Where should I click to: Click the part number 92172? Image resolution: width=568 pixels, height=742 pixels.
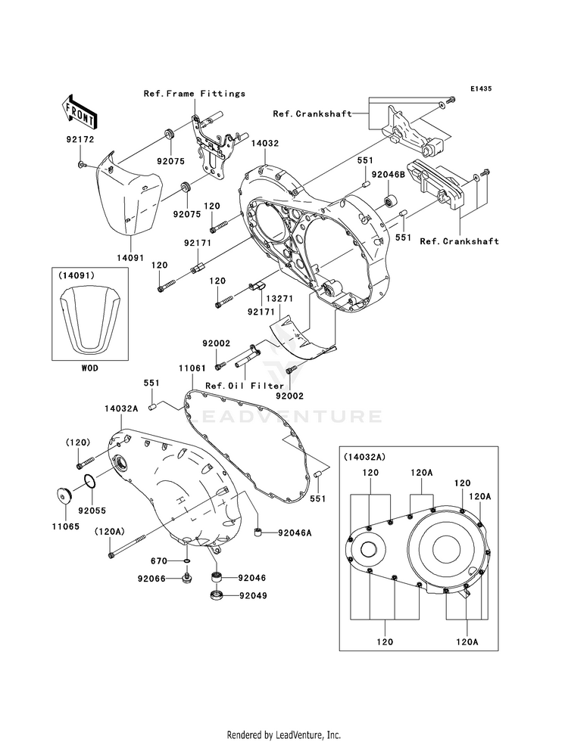tap(80, 140)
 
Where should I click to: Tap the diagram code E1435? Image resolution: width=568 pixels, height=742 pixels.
tap(481, 88)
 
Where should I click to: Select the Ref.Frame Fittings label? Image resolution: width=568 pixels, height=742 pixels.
tap(195, 94)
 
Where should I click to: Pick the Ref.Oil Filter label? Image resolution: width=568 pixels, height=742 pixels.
tap(245, 386)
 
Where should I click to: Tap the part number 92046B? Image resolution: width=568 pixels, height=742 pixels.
tap(388, 174)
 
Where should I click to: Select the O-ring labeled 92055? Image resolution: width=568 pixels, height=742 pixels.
tap(90, 482)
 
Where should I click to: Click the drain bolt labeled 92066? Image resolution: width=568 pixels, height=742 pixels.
tap(186, 578)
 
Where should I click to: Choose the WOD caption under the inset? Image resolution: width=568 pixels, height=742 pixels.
tap(90, 368)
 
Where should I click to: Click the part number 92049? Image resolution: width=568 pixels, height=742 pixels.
tap(252, 595)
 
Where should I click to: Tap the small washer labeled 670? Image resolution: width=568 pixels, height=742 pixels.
tap(186, 561)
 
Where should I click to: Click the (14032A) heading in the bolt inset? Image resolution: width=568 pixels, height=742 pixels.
tap(364, 457)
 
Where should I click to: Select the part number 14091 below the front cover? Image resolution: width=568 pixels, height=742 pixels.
tap(130, 259)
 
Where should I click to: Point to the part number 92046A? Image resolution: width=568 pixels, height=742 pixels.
tap(295, 532)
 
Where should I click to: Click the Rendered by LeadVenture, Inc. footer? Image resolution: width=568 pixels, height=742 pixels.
tap(284, 734)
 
